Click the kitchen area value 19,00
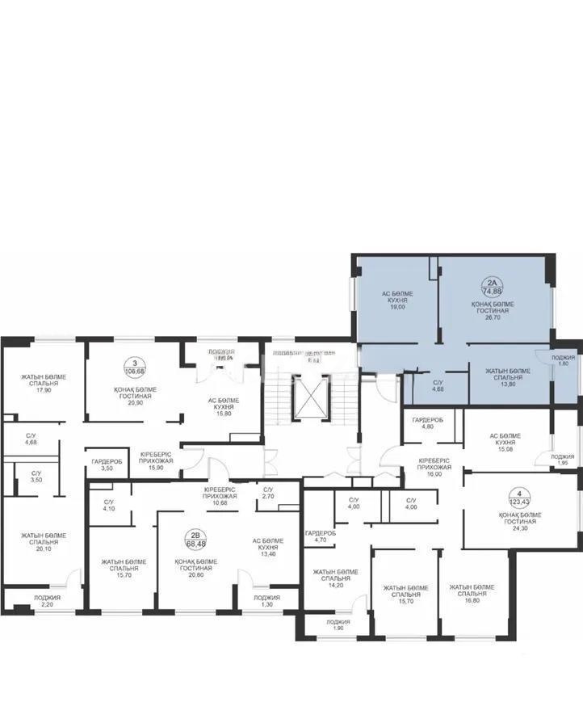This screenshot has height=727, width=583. pyautogui.click(x=397, y=308)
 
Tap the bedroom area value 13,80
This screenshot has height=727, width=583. pyautogui.click(x=508, y=385)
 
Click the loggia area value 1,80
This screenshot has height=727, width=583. pyautogui.click(x=563, y=364)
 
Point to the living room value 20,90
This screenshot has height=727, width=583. pyautogui.click(x=135, y=403)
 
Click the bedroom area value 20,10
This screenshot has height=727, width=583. pyautogui.click(x=38, y=548)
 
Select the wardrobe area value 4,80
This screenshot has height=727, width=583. pyautogui.click(x=426, y=427)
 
